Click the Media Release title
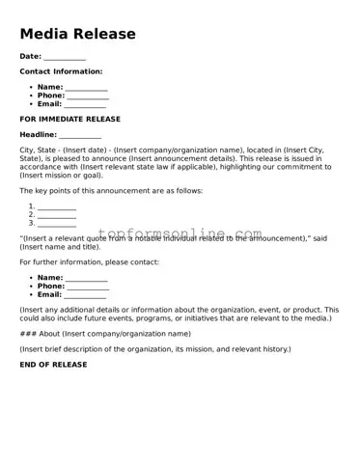coord(77,35)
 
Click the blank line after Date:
coord(66,57)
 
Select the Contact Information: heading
coord(61,71)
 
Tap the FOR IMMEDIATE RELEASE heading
coord(70,119)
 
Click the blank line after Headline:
coord(80,135)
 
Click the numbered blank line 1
coord(57,206)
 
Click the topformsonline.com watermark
coord(180,234)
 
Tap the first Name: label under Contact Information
coord(50,87)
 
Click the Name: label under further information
coord(50,278)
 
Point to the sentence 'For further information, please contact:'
coord(89,262)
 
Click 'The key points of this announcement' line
coord(111,191)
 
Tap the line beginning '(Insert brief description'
coord(154,348)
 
